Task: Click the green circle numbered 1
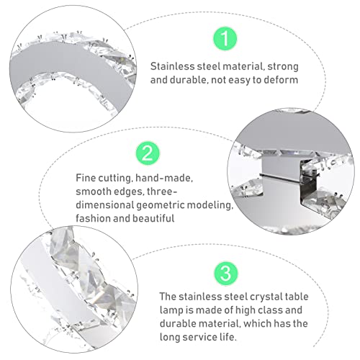225,38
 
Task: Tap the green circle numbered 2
148,153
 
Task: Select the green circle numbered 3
226,273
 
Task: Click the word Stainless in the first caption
174,66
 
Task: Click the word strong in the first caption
283,67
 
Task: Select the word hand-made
164,179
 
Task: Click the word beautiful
153,218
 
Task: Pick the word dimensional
105,205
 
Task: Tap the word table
297,297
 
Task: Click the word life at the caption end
228,337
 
